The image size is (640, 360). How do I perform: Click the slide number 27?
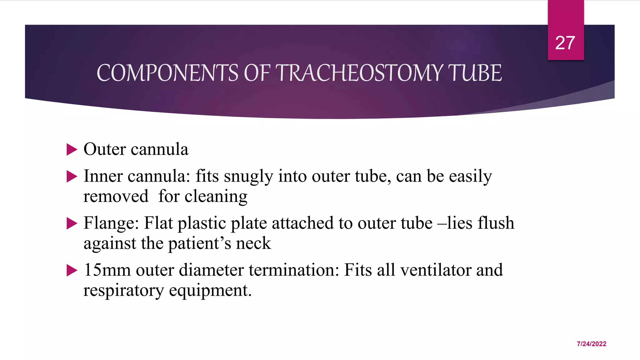(x=565, y=43)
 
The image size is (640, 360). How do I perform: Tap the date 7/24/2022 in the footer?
(x=591, y=344)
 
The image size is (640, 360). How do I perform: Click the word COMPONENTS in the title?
(x=167, y=73)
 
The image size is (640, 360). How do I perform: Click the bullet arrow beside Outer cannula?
(x=72, y=150)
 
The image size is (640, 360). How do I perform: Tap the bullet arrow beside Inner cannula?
(x=72, y=177)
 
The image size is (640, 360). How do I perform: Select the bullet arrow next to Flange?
(x=72, y=223)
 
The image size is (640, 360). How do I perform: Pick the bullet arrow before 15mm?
(x=72, y=270)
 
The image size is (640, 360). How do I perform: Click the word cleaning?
(x=216, y=197)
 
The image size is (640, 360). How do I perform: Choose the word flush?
(x=496, y=223)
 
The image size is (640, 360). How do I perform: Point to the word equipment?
(x=210, y=291)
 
